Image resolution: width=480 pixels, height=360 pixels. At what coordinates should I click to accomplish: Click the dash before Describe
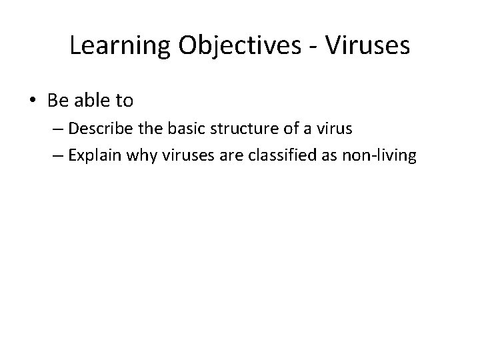click(63, 129)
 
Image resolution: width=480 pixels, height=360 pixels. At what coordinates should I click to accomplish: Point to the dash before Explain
click(63, 156)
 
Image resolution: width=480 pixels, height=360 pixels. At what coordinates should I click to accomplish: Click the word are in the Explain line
click(222, 156)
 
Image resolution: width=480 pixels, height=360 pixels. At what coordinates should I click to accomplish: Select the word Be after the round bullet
click(57, 101)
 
